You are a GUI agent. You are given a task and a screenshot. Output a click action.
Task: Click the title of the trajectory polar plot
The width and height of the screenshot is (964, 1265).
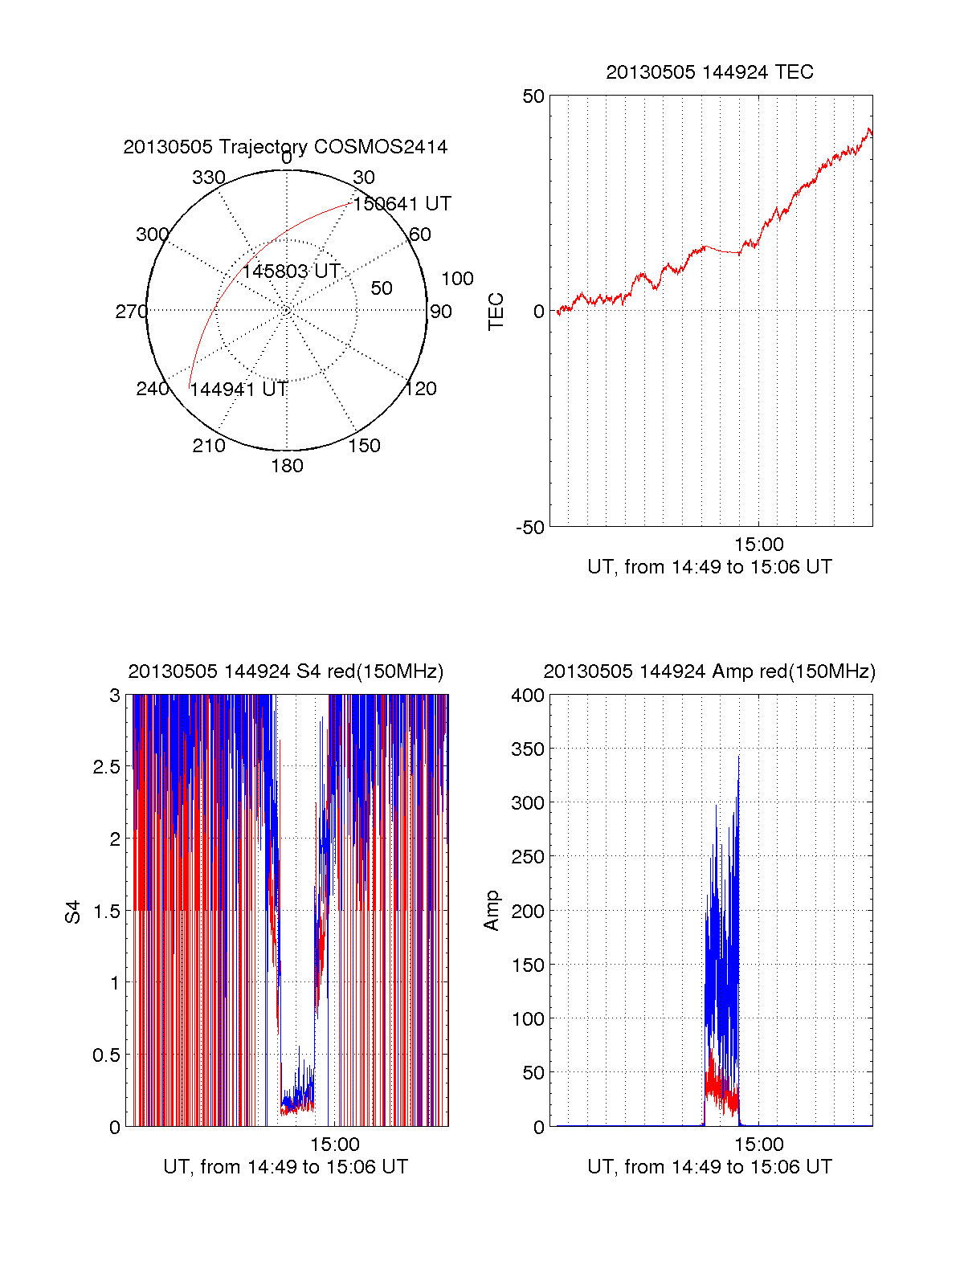click(285, 147)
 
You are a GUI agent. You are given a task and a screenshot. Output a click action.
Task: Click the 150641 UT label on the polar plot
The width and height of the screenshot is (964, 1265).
click(402, 204)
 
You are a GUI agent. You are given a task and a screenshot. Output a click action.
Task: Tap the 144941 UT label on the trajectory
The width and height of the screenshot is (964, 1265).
click(239, 390)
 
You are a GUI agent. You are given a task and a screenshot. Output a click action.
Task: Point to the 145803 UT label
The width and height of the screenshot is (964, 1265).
click(291, 271)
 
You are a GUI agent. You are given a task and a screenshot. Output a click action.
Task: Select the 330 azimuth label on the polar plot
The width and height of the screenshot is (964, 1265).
click(209, 178)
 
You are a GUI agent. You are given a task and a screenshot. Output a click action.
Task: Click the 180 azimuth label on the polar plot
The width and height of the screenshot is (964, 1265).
click(287, 466)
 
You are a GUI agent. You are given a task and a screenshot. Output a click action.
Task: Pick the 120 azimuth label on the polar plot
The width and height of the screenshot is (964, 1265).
click(420, 389)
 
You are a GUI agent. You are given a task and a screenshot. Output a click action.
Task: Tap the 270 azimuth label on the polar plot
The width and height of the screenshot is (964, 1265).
click(131, 312)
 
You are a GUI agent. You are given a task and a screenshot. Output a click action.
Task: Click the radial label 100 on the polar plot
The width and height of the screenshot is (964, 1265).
click(457, 279)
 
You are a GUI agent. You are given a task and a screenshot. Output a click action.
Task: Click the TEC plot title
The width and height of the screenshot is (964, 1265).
click(709, 72)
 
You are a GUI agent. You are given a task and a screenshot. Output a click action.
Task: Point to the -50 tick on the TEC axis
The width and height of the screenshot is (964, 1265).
click(530, 528)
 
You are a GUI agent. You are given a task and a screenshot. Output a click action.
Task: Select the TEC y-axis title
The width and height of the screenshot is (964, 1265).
click(496, 311)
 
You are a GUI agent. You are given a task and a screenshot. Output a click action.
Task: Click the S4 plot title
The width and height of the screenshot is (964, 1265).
click(285, 671)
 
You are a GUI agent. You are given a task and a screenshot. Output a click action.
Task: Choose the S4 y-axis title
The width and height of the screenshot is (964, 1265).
click(73, 912)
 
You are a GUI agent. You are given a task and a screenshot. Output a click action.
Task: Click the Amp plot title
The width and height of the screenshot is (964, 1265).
click(709, 671)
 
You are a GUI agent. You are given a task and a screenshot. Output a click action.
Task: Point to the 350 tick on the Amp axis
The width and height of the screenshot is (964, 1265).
click(528, 749)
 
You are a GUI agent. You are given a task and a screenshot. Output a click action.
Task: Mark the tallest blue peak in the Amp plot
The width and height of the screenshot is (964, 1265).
click(738, 757)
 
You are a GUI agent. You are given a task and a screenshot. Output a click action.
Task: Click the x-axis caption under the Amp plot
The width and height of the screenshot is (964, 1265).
click(709, 1167)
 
